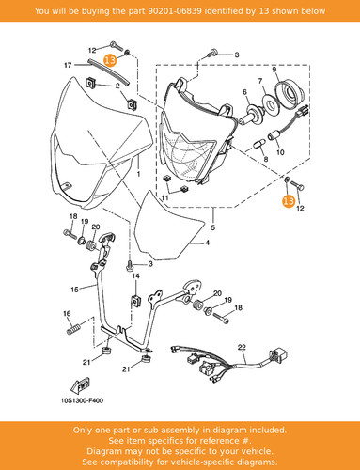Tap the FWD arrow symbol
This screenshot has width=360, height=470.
[x=80, y=385]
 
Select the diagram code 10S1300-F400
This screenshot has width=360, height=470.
[x=82, y=400]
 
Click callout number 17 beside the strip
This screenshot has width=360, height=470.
[x=68, y=65]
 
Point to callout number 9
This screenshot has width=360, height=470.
[x=274, y=70]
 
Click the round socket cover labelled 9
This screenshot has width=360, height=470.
[x=290, y=93]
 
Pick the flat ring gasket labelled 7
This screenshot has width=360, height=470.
[x=270, y=104]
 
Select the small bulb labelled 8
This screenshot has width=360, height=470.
[x=258, y=145]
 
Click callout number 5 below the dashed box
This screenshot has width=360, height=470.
[x=213, y=227]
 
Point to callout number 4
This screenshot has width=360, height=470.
[x=207, y=243]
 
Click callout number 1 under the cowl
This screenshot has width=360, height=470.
[x=139, y=174]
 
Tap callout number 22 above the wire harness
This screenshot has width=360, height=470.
[x=242, y=347]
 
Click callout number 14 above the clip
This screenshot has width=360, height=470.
[x=135, y=276]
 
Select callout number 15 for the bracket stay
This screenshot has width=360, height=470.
[x=74, y=290]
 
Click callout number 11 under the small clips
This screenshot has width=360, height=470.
[x=164, y=197]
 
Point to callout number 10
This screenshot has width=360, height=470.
[x=280, y=152]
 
